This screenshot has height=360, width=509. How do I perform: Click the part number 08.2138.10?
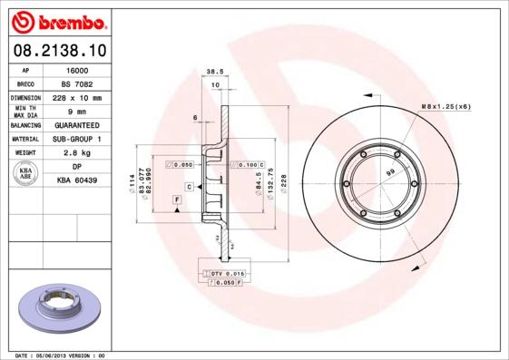[57, 51]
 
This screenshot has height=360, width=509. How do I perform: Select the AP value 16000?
[80, 69]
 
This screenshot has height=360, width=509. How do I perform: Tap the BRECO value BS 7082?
[80, 83]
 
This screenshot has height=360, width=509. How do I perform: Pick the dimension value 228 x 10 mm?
[80, 97]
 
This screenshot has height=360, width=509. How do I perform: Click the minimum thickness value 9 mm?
[80, 112]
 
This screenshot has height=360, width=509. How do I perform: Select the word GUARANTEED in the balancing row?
[80, 125]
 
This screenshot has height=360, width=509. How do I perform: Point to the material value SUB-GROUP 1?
[80, 140]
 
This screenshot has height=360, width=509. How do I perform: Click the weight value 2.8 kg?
[80, 153]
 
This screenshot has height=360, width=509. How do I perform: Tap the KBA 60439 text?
[80, 181]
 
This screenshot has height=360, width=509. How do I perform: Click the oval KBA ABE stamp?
[25, 174]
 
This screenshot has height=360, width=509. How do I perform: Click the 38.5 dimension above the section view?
[215, 70]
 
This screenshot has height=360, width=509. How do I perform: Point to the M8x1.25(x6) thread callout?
[445, 107]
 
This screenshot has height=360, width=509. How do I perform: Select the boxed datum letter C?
[189, 186]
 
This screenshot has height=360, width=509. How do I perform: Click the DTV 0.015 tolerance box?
[226, 273]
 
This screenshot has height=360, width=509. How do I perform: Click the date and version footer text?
[62, 355]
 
